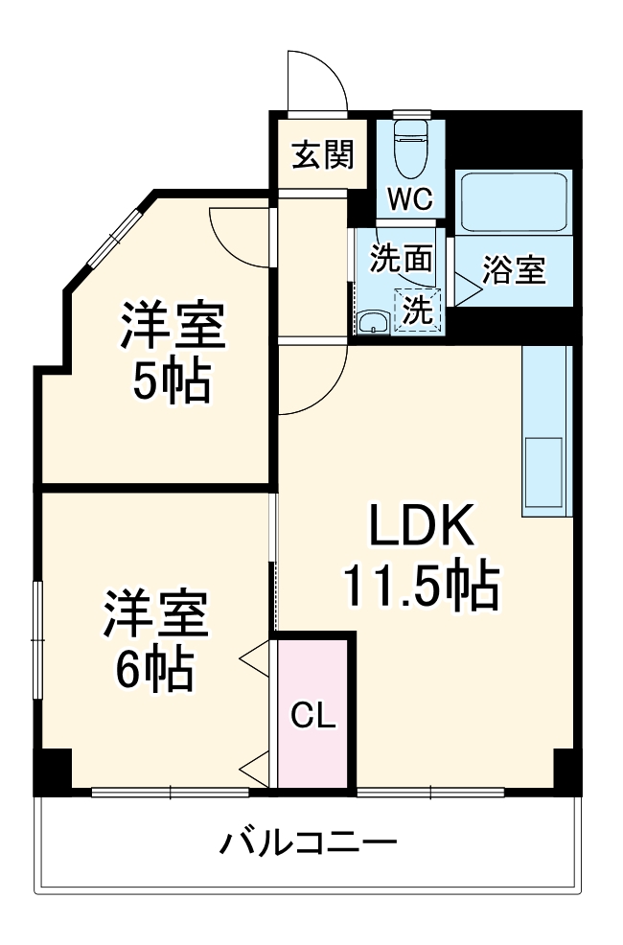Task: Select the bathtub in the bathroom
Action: [513, 202]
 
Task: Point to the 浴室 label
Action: [515, 271]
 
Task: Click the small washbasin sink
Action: [372, 323]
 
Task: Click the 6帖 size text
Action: [154, 671]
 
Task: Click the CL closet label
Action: [312, 716]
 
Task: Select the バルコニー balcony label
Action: [309, 845]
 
